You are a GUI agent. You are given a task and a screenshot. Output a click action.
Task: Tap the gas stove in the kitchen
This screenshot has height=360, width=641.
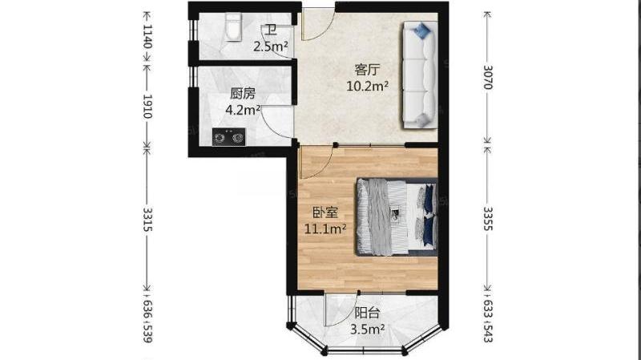coord(229,136)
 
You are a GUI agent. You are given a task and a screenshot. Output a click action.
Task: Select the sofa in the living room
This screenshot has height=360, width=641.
coord(420,75)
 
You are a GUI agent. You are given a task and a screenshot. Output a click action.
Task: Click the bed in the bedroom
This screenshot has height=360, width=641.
coord(397,216)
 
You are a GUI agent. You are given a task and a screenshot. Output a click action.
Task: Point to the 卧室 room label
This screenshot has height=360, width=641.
coord(325,213)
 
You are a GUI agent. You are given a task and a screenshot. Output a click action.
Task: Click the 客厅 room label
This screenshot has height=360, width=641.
coord(367,70)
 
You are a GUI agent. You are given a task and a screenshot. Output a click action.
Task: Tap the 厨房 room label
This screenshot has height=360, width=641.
coord(243,94)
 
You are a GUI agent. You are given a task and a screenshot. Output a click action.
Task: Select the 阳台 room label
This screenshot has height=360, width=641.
coord(367,313)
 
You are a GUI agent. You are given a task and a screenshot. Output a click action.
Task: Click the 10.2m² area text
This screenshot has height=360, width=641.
coord(367,86)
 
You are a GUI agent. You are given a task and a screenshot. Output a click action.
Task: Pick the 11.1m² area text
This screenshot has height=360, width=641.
coord(325,229)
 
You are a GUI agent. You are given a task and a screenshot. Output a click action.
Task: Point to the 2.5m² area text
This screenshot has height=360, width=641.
coord(271,47)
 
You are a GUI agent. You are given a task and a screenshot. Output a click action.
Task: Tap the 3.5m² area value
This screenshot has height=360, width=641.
coord(367,330)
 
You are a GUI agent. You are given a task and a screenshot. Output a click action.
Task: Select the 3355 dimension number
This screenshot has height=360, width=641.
coord(488,218)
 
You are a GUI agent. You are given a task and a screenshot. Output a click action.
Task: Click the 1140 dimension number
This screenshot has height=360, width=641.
coord(147,36)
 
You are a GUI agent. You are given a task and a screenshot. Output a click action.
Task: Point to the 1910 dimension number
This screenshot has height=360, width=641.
coord(147,107)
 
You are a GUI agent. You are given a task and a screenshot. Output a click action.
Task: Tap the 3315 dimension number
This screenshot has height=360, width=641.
coord(147,219)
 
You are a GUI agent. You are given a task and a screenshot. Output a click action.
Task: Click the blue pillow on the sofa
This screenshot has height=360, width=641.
coord(422,30)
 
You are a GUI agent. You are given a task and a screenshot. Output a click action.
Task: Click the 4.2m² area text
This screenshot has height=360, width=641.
coord(244,110)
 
